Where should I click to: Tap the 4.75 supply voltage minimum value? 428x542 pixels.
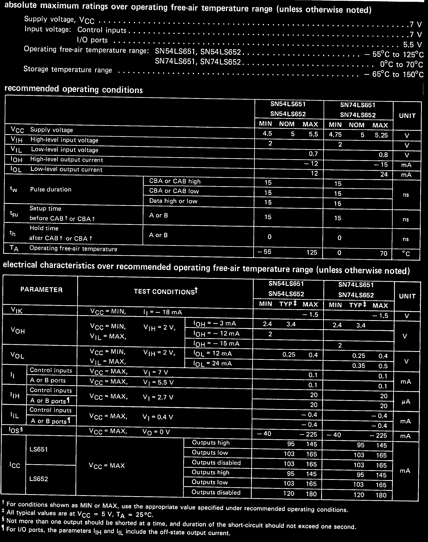335,135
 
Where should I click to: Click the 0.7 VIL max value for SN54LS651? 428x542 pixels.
313,154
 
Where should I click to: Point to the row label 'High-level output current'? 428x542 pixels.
67,160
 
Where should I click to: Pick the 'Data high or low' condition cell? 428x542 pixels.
173,201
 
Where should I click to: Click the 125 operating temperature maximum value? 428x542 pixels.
311,252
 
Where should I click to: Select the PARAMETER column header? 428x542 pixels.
41,290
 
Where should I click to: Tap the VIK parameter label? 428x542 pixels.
17,311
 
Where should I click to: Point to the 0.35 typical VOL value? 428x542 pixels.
358,366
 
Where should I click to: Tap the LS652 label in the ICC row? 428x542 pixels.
38,479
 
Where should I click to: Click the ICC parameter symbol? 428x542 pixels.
15,465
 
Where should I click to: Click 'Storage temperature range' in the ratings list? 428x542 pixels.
68,69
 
